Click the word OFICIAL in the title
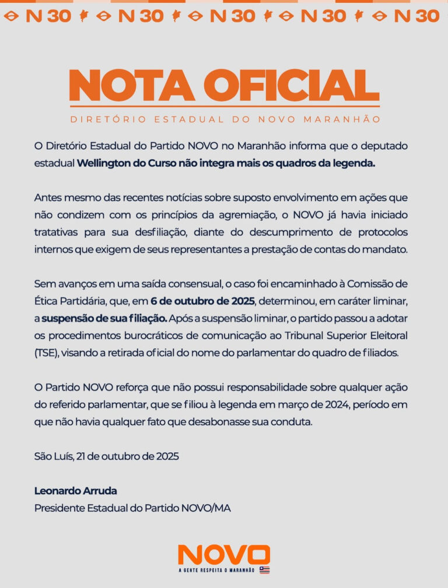click(x=296, y=86)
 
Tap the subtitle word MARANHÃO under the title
click(x=348, y=119)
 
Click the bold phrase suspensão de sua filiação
click(x=104, y=319)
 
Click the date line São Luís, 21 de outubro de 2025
click(x=106, y=456)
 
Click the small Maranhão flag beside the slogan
click(x=264, y=570)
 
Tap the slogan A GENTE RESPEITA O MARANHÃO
click(x=217, y=570)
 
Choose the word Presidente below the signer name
click(x=58, y=508)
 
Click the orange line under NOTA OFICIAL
click(x=224, y=107)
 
